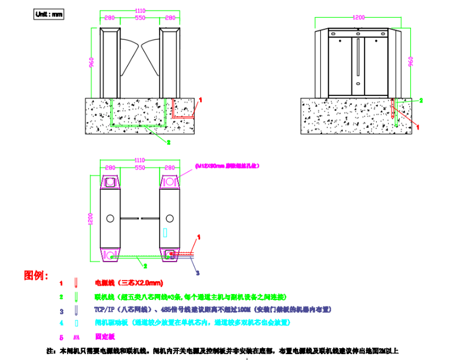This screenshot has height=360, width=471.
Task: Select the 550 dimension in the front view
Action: (140, 18)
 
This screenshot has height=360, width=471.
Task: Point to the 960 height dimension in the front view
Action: (91, 62)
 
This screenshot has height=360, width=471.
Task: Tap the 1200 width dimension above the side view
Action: (359, 18)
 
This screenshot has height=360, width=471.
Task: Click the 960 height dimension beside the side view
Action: (410, 61)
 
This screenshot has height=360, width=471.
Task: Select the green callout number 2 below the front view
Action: (168, 142)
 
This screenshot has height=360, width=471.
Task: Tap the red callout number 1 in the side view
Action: (418, 126)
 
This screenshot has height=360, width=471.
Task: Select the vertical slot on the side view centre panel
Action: (359, 58)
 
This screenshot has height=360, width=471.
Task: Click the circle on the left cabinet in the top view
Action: (110, 219)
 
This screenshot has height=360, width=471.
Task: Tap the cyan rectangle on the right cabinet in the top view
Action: (165, 232)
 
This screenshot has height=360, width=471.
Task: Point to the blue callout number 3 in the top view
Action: (197, 273)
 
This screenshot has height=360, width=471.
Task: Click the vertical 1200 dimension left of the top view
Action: (91, 219)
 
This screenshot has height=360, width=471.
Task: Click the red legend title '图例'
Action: (33, 275)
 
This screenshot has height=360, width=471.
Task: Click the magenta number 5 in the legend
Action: (61, 338)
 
